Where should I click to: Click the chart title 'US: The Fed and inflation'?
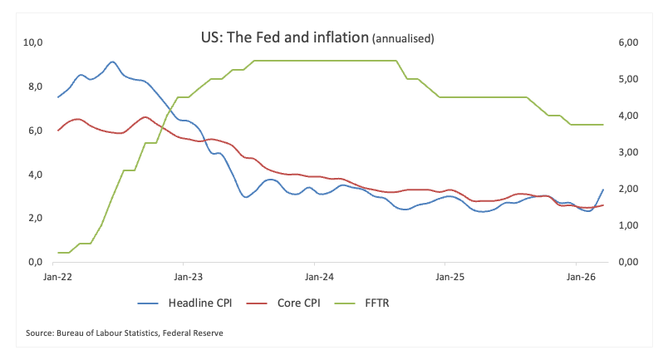(284, 38)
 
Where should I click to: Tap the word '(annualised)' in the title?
(403, 39)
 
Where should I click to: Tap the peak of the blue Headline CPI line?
(112, 62)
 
